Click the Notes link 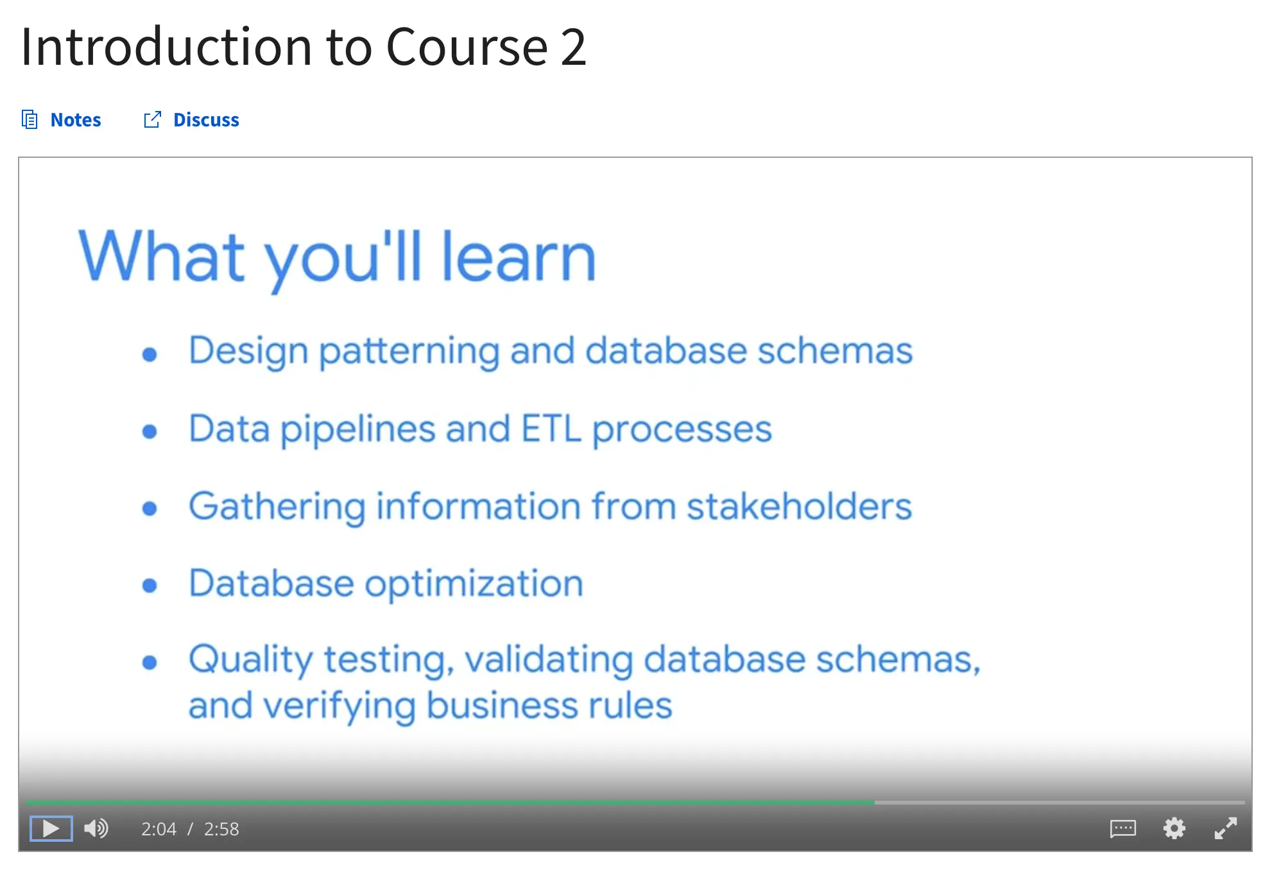click(75, 120)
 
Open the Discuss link click(206, 120)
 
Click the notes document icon click(30, 119)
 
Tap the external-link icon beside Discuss click(152, 119)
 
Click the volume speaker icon click(96, 828)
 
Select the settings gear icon click(1174, 828)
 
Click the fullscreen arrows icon click(1225, 828)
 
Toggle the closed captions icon click(1122, 828)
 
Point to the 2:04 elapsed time click(159, 829)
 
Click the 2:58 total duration click(221, 829)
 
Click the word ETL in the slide click(551, 429)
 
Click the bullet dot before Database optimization click(150, 585)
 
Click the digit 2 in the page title click(573, 47)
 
